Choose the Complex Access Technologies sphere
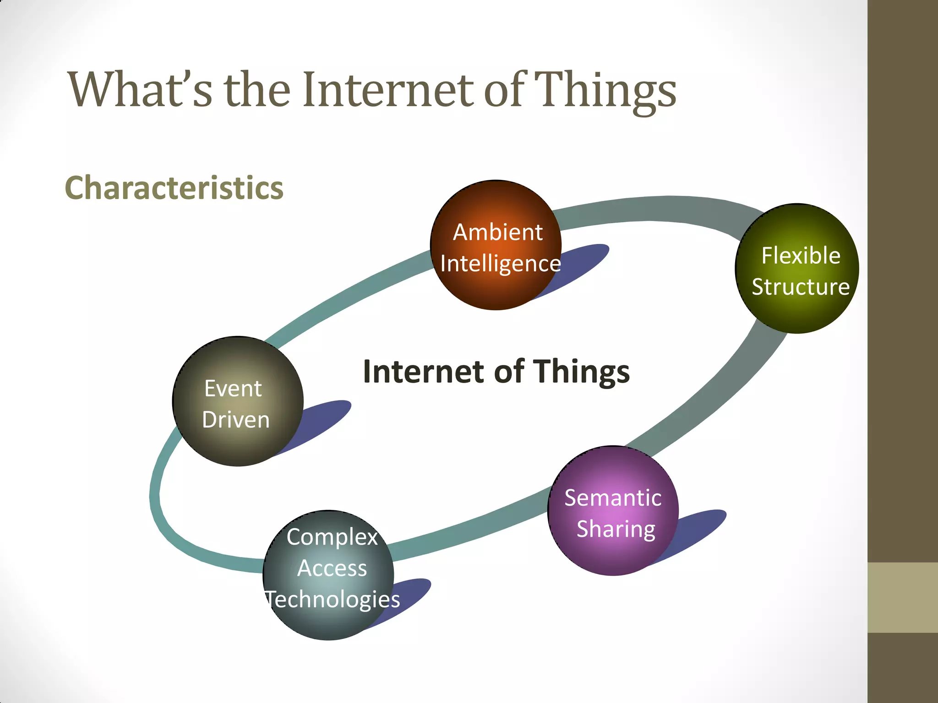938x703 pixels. [x=328, y=622]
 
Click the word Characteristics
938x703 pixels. [x=174, y=188]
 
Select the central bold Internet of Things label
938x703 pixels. [x=496, y=371]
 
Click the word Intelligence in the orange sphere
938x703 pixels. [x=500, y=264]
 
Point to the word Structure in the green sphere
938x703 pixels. [x=800, y=287]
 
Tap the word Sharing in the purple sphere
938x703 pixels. [x=616, y=529]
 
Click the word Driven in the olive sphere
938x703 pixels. [x=236, y=420]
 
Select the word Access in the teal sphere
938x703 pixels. [x=332, y=568]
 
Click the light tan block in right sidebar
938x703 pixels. [x=902, y=597]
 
